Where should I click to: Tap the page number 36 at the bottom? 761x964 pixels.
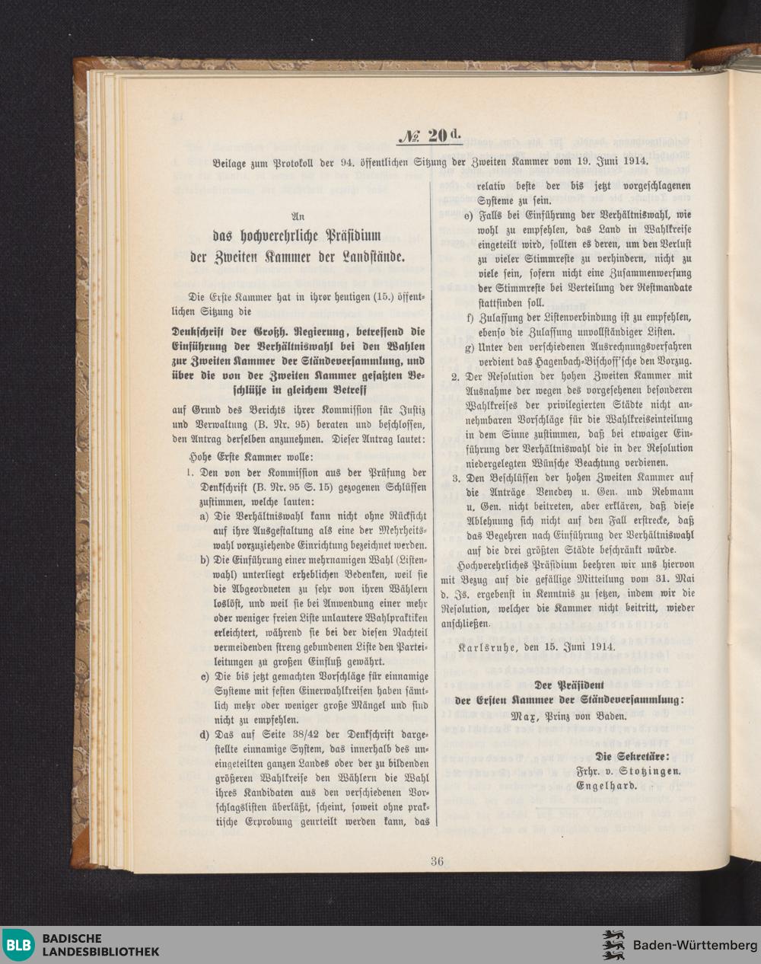437,861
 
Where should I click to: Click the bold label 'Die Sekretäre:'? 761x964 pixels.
633,756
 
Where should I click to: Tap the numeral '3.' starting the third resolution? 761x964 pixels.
456,478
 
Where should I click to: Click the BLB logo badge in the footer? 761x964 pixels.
19,945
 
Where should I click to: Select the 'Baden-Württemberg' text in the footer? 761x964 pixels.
690,946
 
